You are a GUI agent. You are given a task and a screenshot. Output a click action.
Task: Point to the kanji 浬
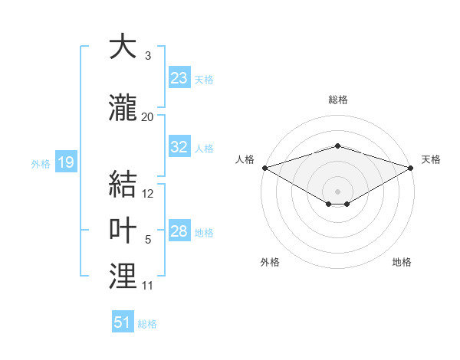122,277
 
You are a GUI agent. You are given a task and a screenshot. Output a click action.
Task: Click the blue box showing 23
179,78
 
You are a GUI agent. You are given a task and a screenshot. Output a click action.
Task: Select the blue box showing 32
179,147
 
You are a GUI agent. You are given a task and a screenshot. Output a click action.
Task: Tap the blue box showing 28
179,231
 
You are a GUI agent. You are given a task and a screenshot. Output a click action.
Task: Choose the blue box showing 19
65,162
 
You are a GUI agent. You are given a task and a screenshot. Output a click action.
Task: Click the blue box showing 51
123,322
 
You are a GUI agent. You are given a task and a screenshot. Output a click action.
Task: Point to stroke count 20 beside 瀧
148,117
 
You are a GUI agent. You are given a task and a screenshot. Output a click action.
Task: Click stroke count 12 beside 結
148,194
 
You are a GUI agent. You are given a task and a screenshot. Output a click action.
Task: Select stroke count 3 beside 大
148,56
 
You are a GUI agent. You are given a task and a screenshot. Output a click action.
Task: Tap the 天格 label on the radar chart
432,159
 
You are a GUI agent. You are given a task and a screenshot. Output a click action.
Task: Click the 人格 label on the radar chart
245,159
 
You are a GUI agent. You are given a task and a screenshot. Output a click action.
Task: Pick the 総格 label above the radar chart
338,100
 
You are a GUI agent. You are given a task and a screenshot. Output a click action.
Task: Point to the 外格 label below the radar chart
270,262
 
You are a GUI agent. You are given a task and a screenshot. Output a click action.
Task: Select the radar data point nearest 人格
264,168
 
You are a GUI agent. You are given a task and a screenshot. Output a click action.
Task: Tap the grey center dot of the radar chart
338,191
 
